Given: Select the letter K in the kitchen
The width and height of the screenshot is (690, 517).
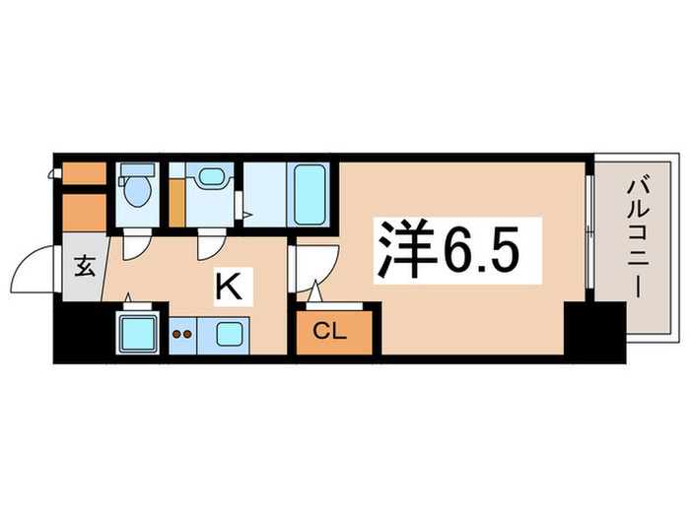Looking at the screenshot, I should (228, 288).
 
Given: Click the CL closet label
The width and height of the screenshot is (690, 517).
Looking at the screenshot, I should (330, 332).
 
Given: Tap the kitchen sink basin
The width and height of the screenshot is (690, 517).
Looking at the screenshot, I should (233, 334).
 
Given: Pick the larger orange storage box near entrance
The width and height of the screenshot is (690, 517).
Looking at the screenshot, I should (82, 210).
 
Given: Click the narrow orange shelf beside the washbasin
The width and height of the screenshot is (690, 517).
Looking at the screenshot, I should (174, 200).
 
